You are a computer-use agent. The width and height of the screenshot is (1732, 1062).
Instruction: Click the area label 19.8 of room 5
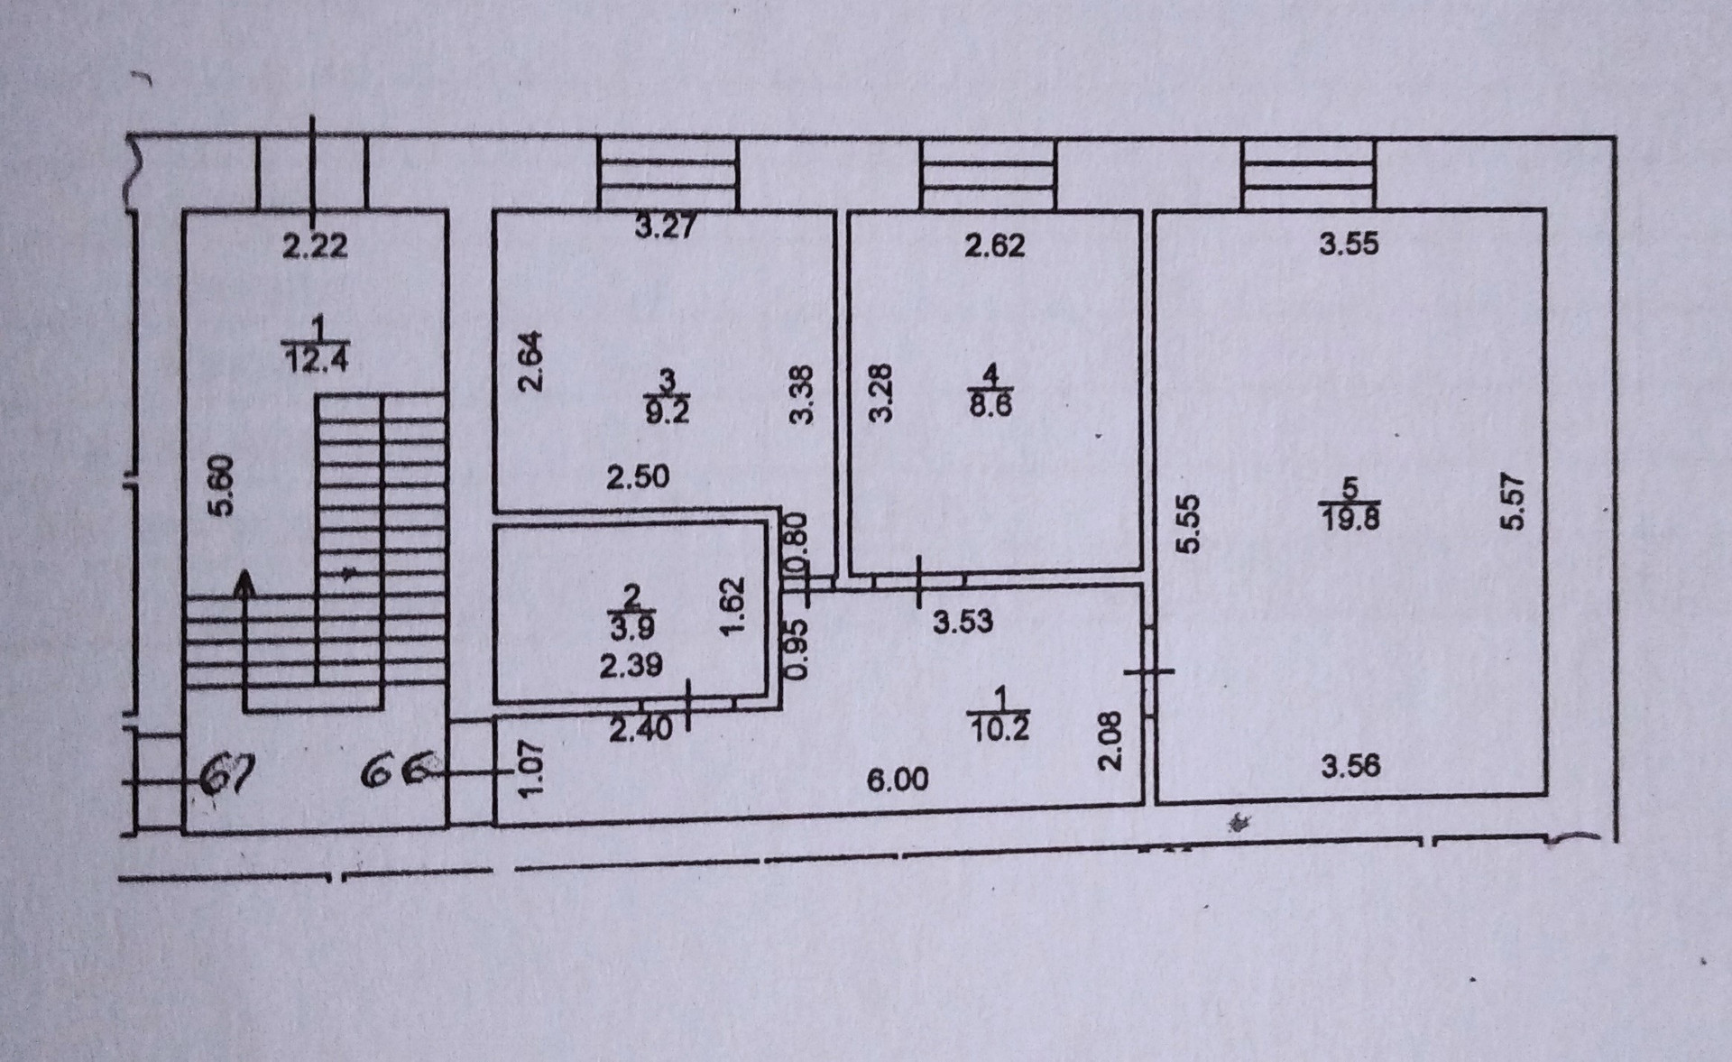click(x=1350, y=519)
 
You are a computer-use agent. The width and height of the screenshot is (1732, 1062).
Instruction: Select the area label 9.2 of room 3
click(x=667, y=411)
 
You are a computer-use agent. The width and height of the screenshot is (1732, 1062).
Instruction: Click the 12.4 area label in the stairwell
click(x=316, y=360)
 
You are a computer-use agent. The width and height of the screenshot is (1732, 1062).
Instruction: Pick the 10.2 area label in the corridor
click(x=999, y=726)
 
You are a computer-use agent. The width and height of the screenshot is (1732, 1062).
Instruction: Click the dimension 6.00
click(x=898, y=780)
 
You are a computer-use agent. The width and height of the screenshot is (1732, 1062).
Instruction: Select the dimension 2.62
click(x=995, y=245)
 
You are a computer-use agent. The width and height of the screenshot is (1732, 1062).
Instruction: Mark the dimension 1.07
click(x=532, y=769)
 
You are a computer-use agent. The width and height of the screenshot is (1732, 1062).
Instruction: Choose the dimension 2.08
click(x=1110, y=741)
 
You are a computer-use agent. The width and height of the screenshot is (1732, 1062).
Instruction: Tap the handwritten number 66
click(x=395, y=772)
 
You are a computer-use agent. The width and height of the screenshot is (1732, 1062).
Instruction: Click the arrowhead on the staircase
click(x=243, y=582)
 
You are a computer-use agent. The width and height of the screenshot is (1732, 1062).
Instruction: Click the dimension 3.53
click(x=963, y=621)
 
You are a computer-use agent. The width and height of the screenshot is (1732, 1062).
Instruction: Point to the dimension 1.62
click(x=732, y=605)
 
